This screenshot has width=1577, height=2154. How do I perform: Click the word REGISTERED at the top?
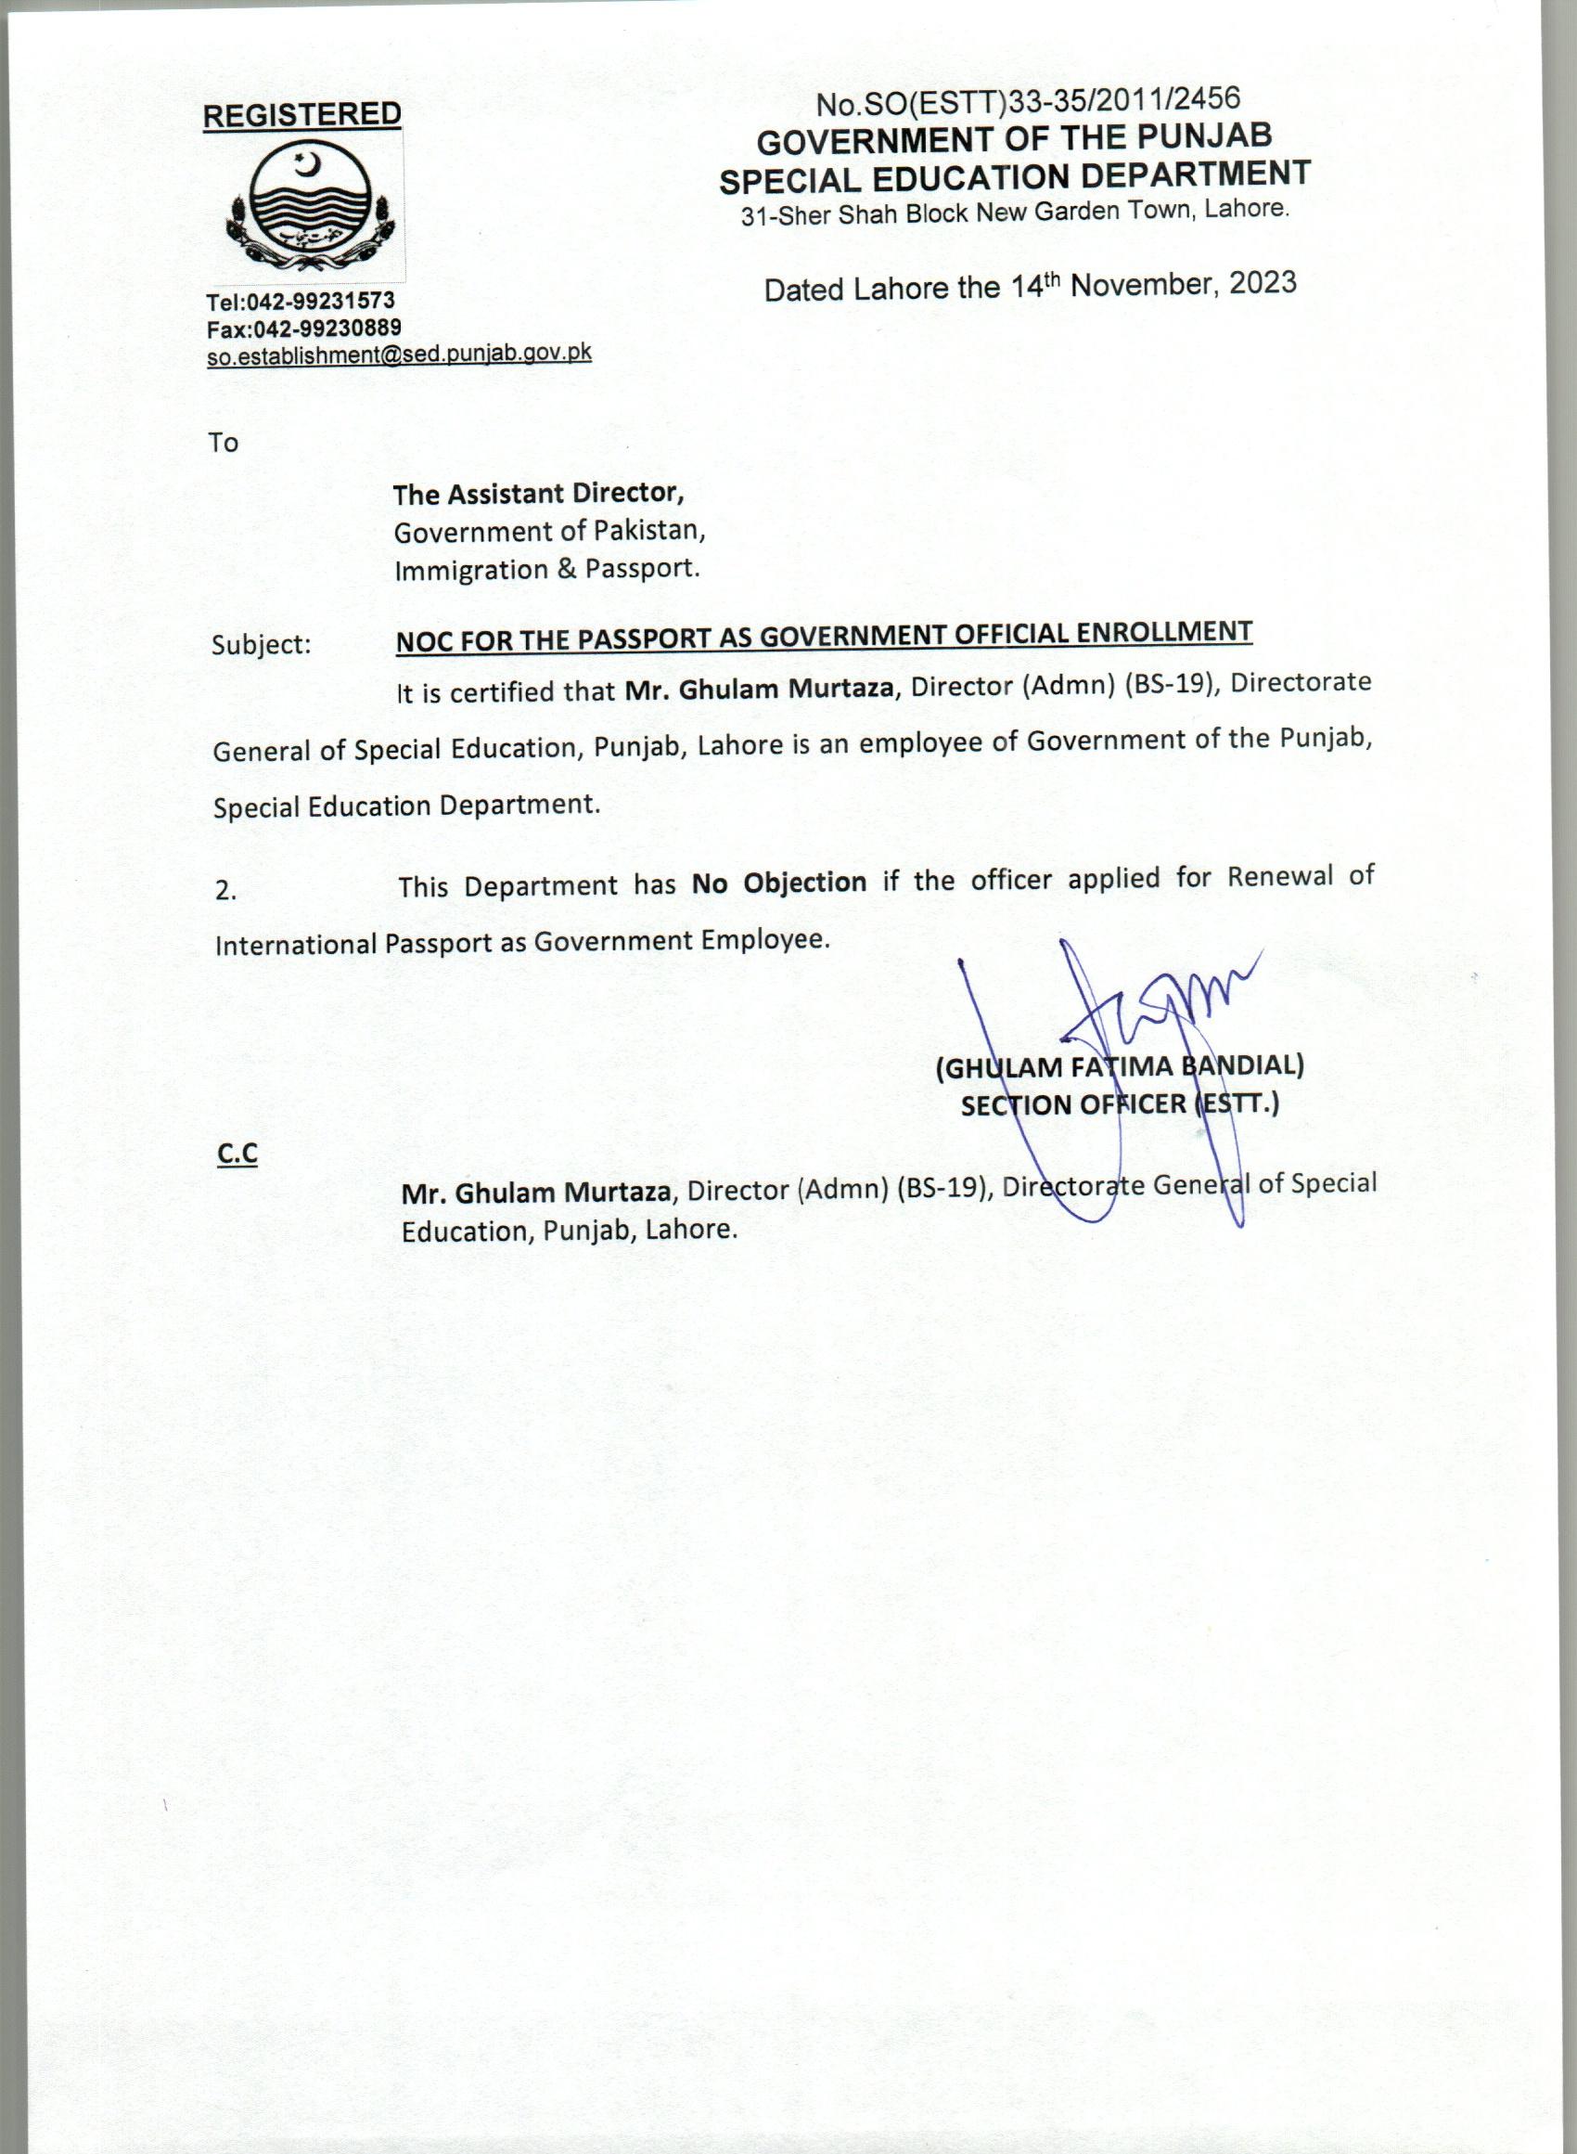301,114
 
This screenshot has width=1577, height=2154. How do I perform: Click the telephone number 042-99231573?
321,303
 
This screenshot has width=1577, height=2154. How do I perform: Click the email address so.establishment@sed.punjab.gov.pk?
399,355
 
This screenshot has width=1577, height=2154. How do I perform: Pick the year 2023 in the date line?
1261,284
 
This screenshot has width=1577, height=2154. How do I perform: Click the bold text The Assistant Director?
538,494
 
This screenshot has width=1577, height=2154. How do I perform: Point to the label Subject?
262,644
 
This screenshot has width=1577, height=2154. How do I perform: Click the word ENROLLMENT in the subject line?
1163,633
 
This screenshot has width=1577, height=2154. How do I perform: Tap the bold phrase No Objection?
779,883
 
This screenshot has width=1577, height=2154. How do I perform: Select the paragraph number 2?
225,891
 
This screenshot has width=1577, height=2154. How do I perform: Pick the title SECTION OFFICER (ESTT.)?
1119,1104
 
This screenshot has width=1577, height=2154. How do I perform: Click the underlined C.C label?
237,1154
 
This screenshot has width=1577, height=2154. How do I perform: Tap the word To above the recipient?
224,442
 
